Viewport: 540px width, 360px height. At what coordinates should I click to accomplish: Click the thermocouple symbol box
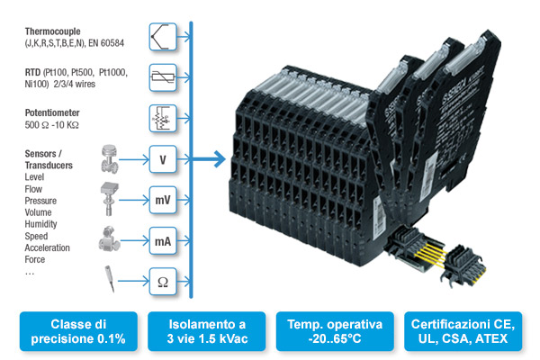coord(162,37)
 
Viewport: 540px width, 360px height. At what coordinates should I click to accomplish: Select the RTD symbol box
coord(162,77)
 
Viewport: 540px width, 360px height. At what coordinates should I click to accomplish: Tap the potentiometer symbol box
coord(162,118)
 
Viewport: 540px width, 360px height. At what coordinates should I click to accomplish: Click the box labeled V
coord(162,160)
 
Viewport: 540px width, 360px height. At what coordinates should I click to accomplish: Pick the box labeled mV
coord(162,200)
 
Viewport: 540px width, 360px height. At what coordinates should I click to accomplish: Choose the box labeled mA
coord(162,241)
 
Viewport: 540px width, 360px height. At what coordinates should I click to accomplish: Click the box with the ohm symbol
coord(162,282)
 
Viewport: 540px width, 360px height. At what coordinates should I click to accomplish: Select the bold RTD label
coord(34,69)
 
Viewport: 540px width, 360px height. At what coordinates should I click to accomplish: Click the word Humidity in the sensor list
coord(43,224)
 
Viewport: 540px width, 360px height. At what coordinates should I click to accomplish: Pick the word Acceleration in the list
coord(49,247)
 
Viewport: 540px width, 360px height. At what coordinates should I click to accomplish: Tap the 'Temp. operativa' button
coord(334,331)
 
